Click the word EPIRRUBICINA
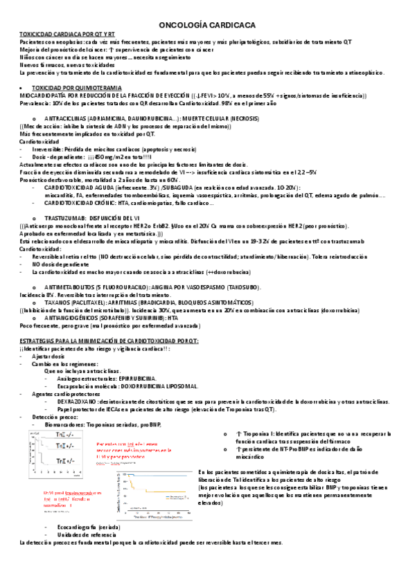click(130, 379)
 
